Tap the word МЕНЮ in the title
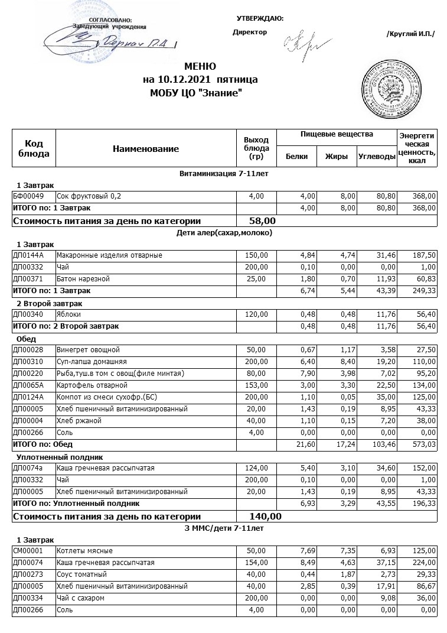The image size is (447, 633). coord(200,66)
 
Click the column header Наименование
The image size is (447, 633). coord(145,149)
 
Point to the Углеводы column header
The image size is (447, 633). coord(376,157)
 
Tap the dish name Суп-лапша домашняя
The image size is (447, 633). coord(91,361)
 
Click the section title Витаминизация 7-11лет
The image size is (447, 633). coord(225,174)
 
